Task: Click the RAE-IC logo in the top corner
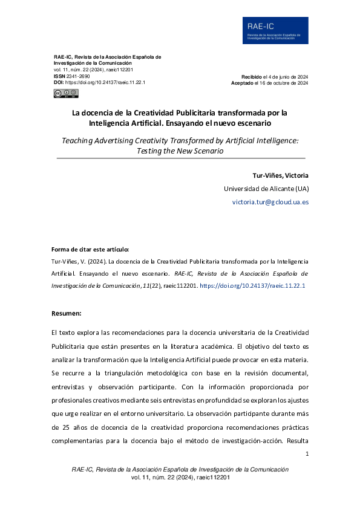pyautogui.click(x=275, y=30)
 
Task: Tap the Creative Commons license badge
pyautogui.click(x=66, y=93)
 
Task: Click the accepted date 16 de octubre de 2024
pyautogui.click(x=281, y=83)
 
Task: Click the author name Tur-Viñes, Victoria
pyautogui.click(x=280, y=175)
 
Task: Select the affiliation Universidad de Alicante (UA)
pyautogui.click(x=266, y=188)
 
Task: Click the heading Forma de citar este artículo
pyautogui.click(x=90, y=249)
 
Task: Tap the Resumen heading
pyautogui.click(x=67, y=313)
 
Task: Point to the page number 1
pyautogui.click(x=307, y=454)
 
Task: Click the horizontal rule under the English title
pyautogui.click(x=180, y=158)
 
